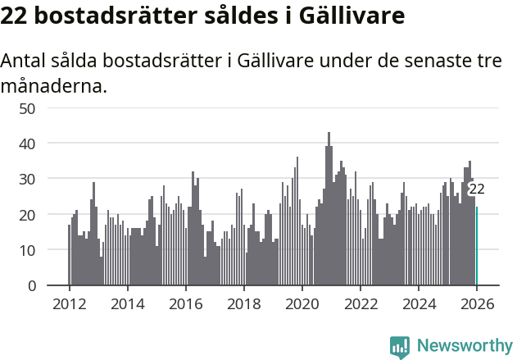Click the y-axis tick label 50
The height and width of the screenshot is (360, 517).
point(27,108)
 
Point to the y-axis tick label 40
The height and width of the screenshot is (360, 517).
point(27,144)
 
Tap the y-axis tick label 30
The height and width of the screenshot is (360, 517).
point(27,179)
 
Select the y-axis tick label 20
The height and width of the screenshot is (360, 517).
point(27,215)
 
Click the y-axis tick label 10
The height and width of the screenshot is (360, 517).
point(27,250)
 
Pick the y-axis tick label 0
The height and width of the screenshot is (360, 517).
point(31,285)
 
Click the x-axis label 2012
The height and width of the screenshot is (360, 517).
point(69,304)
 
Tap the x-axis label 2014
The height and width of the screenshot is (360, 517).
point(127,304)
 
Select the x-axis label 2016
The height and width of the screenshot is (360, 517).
point(185,304)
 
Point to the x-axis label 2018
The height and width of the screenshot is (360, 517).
point(243,304)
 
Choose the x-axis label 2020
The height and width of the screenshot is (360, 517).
point(302,304)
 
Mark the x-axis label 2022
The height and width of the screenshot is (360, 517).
point(360,304)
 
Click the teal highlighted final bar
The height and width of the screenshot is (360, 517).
point(477,246)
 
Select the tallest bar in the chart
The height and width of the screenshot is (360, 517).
point(329,209)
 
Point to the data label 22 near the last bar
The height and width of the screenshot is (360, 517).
point(476,189)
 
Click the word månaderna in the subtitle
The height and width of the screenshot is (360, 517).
point(54,85)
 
